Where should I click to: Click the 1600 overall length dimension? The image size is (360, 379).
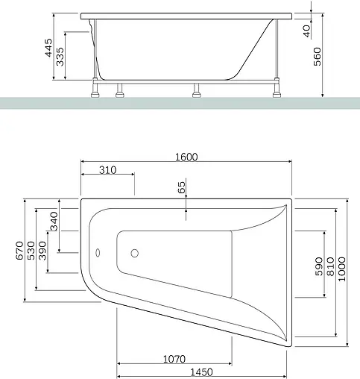click(186, 157)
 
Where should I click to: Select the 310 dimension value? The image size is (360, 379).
click(107, 170)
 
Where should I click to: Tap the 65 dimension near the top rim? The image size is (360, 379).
click(180, 187)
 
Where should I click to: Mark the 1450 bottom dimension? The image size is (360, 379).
click(199, 371)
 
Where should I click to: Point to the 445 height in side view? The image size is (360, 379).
click(48, 50)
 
